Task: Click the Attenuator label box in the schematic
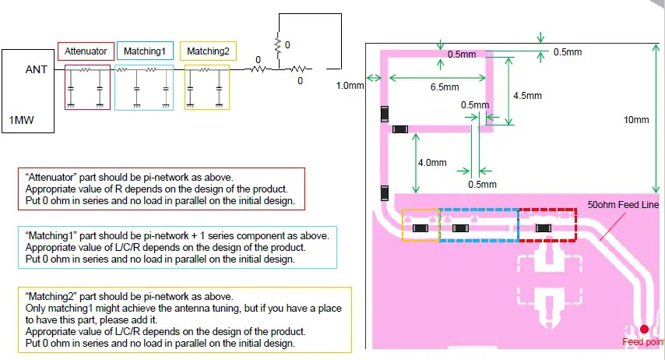86,51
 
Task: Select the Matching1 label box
144,51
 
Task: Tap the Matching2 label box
208,51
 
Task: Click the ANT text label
37,69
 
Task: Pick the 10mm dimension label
636,120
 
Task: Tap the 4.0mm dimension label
432,164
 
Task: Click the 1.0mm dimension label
350,86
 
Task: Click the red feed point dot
644,330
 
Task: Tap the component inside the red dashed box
543,228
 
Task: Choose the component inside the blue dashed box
460,228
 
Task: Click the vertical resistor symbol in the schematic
276,46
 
